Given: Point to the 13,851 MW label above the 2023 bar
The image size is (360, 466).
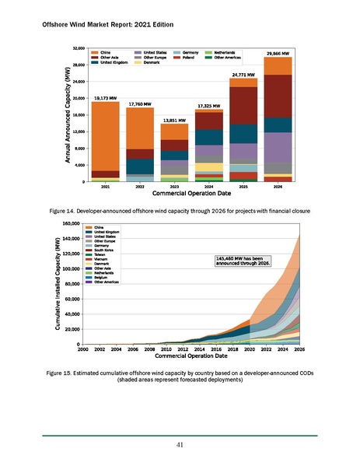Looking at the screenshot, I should (173, 121).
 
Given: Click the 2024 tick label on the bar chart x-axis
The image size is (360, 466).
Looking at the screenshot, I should (208, 187).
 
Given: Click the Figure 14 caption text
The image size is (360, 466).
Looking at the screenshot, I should (180, 211).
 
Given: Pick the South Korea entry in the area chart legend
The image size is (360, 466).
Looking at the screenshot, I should (104, 251).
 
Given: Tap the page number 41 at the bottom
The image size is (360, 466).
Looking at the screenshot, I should (180, 444).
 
